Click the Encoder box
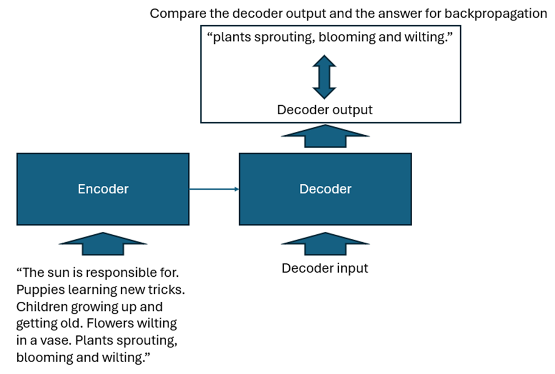pyautogui.click(x=102, y=189)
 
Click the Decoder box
pyautogui.click(x=325, y=189)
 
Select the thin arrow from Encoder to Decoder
pyautogui.click(x=213, y=189)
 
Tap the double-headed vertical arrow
pyautogui.click(x=324, y=77)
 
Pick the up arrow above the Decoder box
pyautogui.click(x=325, y=136)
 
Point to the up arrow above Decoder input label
pyautogui.click(x=325, y=243)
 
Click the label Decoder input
pyautogui.click(x=325, y=268)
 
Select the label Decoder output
pyautogui.click(x=325, y=110)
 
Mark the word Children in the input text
pyautogui.click(x=41, y=307)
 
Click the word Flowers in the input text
pyautogui.click(x=136, y=324)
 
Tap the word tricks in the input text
pyautogui.click(x=167, y=290)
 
